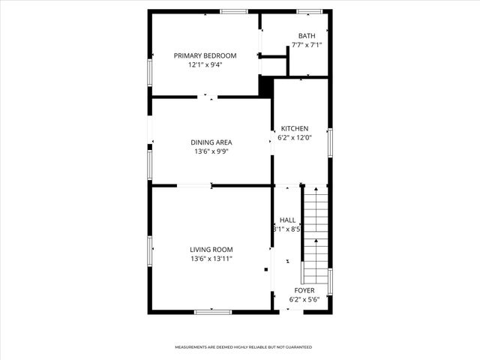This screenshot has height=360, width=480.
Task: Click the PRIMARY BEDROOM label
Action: tap(205, 55)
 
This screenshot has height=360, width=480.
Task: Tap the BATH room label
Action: tap(307, 36)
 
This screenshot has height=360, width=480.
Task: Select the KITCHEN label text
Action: tap(295, 128)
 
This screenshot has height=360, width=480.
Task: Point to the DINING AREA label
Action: tap(211, 142)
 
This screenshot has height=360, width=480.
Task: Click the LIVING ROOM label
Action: tap(211, 250)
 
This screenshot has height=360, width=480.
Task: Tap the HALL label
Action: tap(287, 220)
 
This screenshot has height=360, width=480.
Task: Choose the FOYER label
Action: tap(304, 290)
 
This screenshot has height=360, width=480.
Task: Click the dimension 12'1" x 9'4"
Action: tap(205, 64)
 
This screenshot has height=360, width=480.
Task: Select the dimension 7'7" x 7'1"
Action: tap(307, 45)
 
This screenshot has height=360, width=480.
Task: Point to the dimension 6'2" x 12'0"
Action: tap(295, 137)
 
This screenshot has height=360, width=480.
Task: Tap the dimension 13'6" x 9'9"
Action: tap(211, 151)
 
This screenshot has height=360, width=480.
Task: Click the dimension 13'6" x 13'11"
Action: tap(211, 259)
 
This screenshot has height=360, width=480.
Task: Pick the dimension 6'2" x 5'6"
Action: tap(304, 299)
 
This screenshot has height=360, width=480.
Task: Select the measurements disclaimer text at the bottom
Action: tap(244, 347)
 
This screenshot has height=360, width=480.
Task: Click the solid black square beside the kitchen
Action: tap(265, 87)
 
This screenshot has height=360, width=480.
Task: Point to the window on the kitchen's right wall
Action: tap(329, 142)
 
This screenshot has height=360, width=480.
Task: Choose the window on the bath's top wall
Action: tap(309, 11)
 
